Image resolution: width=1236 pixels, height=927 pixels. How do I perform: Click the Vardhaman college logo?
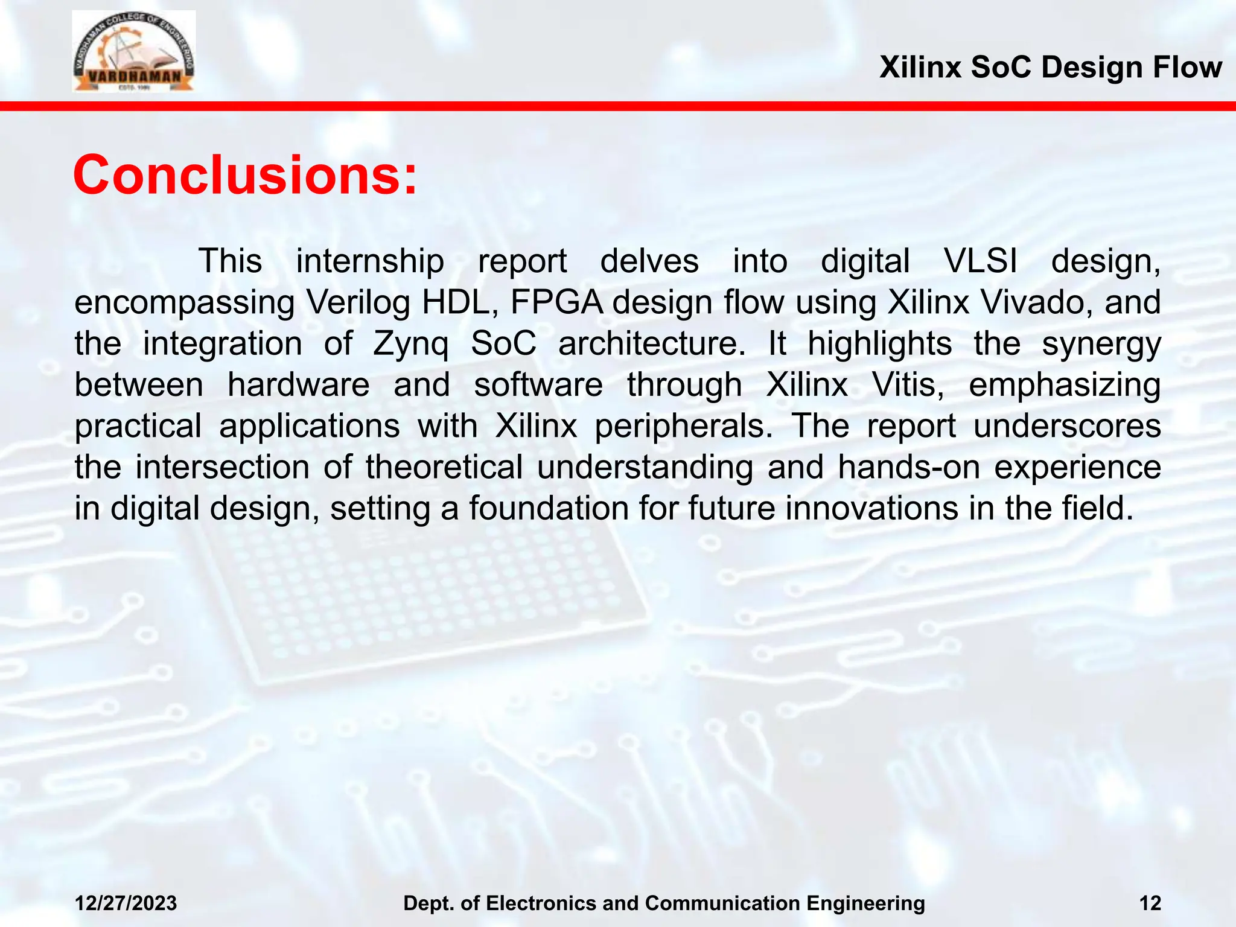[x=133, y=52]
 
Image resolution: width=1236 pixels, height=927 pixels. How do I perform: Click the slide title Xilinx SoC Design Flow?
[x=1050, y=67]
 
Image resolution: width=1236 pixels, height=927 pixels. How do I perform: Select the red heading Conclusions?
[x=245, y=175]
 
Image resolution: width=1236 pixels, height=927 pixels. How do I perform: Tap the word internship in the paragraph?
[x=370, y=261]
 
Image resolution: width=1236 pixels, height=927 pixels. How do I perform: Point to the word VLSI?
[x=980, y=261]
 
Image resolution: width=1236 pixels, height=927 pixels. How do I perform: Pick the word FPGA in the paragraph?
[x=556, y=302]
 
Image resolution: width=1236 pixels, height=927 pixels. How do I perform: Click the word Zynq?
[x=411, y=345]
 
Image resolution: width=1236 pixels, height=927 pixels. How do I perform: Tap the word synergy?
[x=1101, y=345]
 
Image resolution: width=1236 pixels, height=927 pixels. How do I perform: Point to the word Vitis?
[x=908, y=384]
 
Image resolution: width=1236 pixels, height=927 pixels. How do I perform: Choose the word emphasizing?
[x=1065, y=386]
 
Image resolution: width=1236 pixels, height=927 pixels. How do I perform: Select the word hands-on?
[x=909, y=467]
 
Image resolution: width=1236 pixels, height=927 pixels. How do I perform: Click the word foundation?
[x=549, y=508]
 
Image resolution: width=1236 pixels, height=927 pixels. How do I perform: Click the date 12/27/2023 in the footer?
[x=126, y=903]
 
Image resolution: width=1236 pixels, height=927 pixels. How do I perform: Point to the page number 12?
[x=1150, y=903]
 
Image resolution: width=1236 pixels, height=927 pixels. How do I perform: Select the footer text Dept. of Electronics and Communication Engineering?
[x=664, y=903]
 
